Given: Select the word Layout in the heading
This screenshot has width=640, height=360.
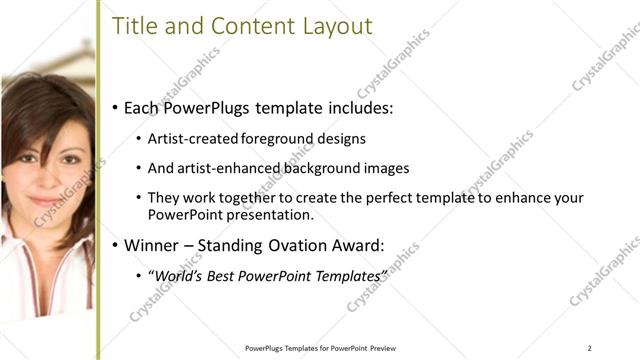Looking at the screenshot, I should (x=338, y=27).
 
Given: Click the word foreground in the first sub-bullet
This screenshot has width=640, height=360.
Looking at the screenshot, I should (x=275, y=139).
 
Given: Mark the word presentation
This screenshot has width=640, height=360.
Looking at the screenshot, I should (x=270, y=214).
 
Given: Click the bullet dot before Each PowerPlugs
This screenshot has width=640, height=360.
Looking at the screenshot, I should (x=116, y=107).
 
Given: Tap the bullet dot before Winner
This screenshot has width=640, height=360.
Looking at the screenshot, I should (x=116, y=244).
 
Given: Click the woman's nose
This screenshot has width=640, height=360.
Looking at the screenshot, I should (x=45, y=169).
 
